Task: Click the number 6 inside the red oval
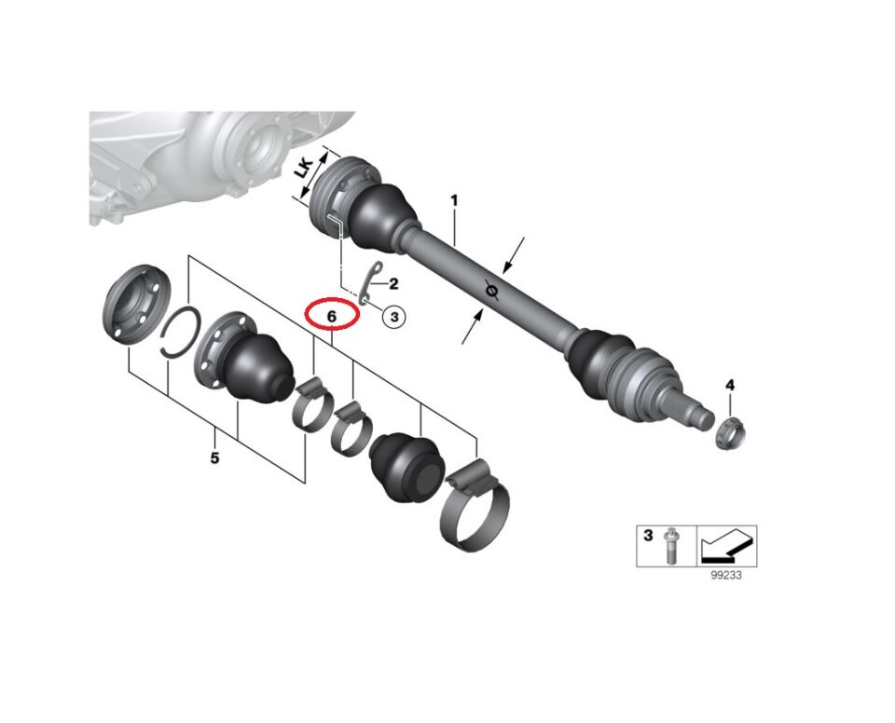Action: coord(332,315)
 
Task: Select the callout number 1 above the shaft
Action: coord(454,201)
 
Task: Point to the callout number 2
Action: coord(393,283)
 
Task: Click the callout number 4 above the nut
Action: coord(730,385)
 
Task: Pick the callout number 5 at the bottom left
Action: coord(214,457)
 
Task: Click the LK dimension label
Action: coord(304,169)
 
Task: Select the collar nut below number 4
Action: coord(731,432)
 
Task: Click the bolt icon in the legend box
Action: coord(670,546)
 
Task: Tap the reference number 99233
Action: coord(726,575)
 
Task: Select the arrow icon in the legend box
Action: coord(726,544)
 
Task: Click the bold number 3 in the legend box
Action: coord(648,536)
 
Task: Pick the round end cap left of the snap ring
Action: coord(136,304)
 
